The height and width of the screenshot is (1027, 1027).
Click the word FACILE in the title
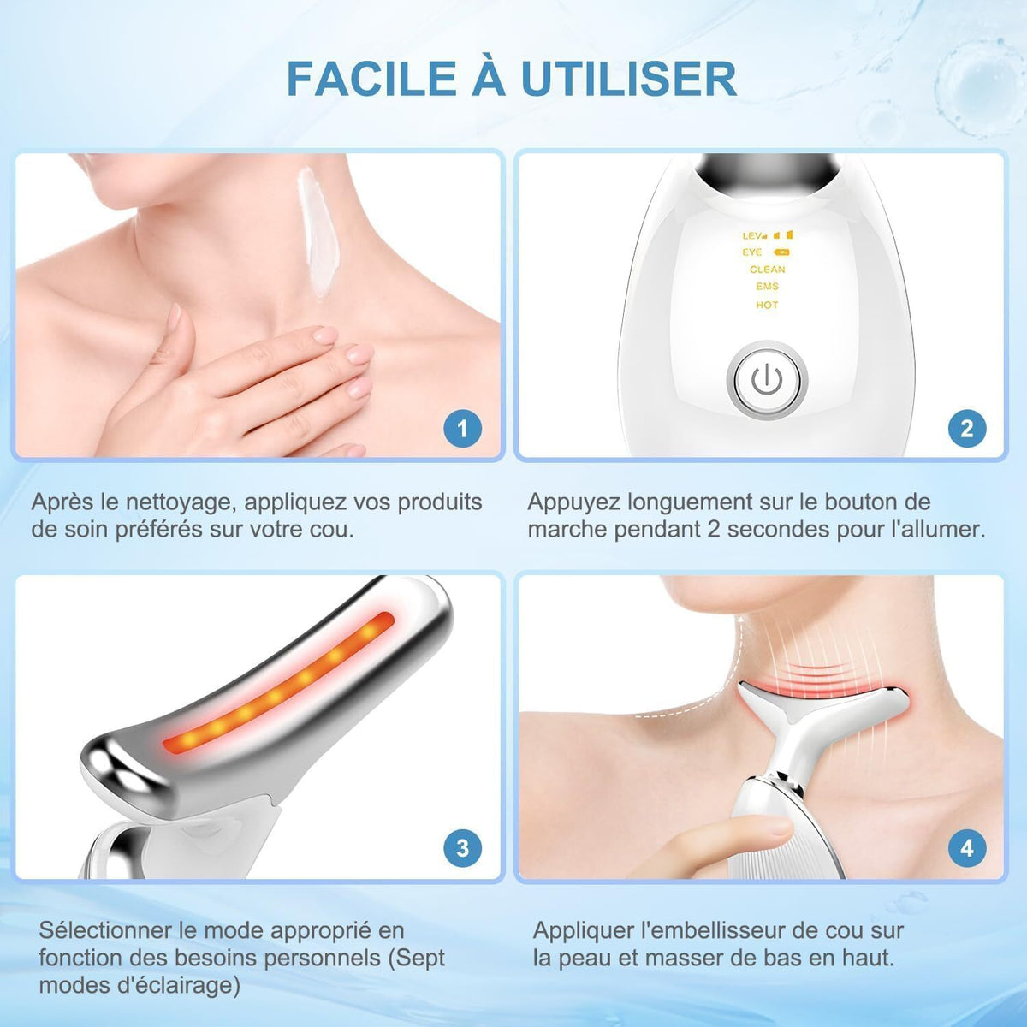point(371,79)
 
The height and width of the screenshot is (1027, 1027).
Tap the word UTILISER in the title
point(630,79)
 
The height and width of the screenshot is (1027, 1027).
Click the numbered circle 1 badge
point(463,428)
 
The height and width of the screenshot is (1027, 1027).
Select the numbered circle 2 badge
point(967,428)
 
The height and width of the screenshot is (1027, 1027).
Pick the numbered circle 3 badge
point(463,847)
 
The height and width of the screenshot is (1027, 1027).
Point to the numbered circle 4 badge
point(967,847)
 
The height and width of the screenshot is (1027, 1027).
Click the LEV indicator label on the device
point(752,235)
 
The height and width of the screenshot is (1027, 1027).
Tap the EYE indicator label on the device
point(752,252)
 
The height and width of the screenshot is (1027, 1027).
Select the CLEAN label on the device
point(767,270)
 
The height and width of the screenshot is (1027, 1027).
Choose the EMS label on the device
point(767,287)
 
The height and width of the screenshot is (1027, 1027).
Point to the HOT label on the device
point(767,305)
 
